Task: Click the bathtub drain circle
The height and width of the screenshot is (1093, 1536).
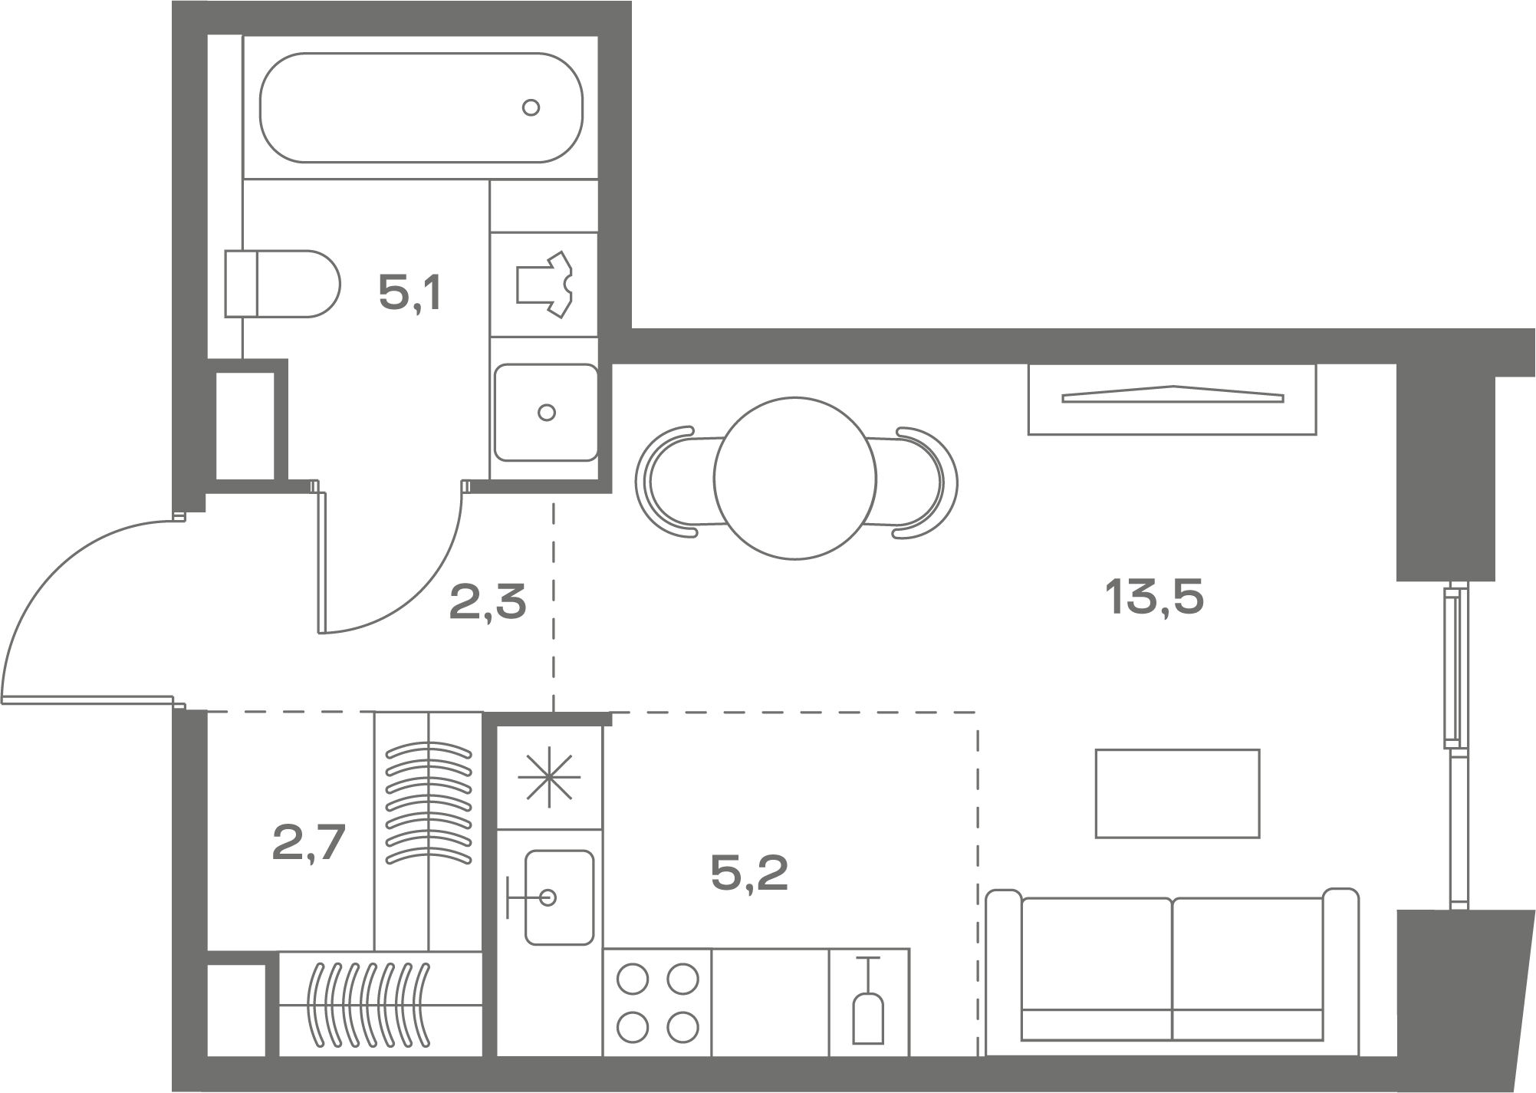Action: coord(531,107)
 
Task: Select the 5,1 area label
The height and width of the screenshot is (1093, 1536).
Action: coord(410,293)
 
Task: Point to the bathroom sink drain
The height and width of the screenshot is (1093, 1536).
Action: coord(547,413)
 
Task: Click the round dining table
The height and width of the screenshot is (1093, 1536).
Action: coord(795,478)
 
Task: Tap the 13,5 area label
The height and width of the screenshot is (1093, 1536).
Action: coord(1154,598)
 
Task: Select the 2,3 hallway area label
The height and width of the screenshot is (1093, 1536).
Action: coord(488,601)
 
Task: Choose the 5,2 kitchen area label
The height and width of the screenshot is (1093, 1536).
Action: coord(750,873)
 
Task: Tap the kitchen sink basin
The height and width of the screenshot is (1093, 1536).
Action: coord(559,897)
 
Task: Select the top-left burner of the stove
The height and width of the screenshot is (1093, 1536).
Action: coord(633,979)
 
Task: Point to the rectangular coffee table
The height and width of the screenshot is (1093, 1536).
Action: coord(1177,793)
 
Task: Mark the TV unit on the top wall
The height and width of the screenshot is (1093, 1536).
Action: coord(1172,399)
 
